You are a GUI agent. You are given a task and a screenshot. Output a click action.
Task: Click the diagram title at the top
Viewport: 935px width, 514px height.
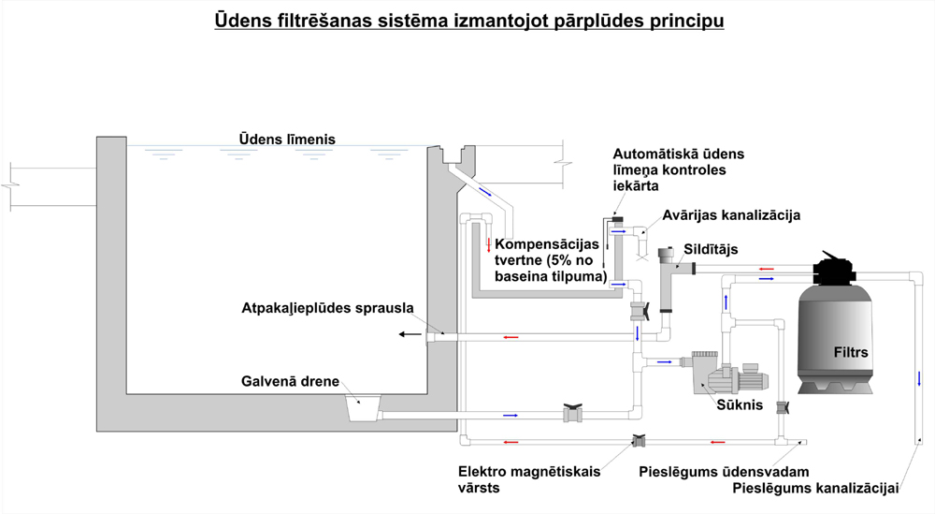(469, 21)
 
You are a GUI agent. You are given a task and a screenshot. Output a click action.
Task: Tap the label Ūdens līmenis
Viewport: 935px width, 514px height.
(287, 140)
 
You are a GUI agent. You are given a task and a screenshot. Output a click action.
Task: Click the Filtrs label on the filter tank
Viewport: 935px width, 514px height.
(850, 352)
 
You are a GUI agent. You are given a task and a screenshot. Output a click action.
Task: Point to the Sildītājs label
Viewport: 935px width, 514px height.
(711, 249)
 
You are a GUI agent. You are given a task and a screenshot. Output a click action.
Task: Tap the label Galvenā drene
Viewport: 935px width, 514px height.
(290, 381)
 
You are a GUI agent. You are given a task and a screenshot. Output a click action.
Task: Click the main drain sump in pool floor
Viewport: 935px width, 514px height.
(364, 408)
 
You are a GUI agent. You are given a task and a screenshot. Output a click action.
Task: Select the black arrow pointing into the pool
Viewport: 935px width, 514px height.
(410, 334)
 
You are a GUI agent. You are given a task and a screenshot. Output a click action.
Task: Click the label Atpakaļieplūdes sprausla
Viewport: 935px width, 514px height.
(327, 308)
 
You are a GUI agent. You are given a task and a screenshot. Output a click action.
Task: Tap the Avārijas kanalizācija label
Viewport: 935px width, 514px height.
(731, 215)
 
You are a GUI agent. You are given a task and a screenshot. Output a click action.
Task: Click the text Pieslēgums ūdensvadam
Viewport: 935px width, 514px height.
(724, 472)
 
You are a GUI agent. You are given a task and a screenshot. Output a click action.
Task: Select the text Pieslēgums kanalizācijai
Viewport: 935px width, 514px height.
(815, 489)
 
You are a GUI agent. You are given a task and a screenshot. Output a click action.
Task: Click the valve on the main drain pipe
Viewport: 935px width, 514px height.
(573, 413)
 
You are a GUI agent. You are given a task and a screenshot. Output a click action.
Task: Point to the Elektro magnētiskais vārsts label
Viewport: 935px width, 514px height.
(529, 479)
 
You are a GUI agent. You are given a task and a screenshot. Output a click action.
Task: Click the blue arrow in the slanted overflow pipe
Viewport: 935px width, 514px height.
(485, 192)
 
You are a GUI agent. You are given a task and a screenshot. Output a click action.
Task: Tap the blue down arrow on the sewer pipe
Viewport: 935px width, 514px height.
(919, 378)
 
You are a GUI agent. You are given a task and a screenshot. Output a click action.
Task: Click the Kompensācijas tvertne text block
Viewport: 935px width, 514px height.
(551, 260)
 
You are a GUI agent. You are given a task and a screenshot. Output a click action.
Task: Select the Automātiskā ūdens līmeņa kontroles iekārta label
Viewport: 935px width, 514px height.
(679, 169)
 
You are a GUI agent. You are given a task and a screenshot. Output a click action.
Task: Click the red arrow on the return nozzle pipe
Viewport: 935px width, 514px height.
(511, 337)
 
